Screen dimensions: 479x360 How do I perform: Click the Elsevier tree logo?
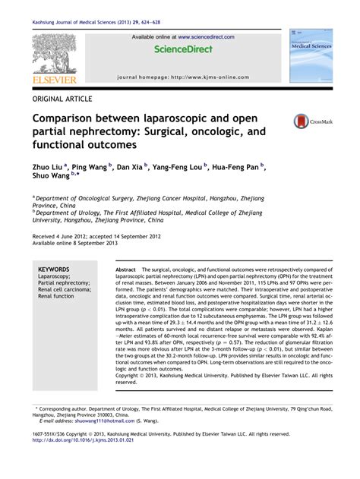52,53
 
